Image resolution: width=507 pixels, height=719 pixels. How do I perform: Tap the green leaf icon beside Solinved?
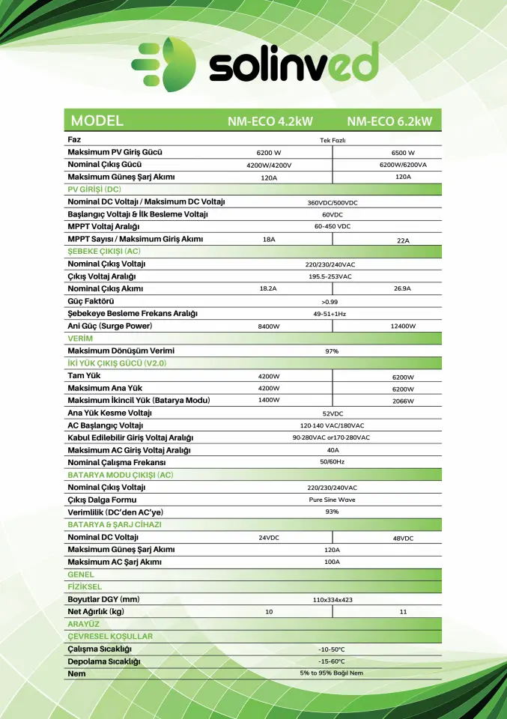point(162,67)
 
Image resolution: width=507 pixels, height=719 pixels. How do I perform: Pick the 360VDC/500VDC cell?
point(333,202)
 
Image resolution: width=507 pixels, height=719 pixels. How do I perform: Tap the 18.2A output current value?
point(268,288)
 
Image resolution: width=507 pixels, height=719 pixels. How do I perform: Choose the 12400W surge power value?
point(403,327)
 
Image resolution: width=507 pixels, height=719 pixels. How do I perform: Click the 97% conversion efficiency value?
point(333,351)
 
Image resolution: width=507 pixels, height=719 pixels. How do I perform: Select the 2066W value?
point(403,401)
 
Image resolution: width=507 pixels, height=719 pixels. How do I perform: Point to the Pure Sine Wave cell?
point(333,499)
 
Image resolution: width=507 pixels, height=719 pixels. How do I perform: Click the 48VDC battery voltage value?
point(403,539)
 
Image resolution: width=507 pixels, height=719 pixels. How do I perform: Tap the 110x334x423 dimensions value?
point(333,600)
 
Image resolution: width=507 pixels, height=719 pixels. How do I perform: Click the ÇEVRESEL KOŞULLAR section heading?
point(110,636)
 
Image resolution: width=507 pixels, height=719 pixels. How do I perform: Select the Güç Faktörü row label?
point(91,301)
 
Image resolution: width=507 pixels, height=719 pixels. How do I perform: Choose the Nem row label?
point(76,673)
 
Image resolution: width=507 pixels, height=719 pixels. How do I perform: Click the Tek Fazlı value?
point(333,140)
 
